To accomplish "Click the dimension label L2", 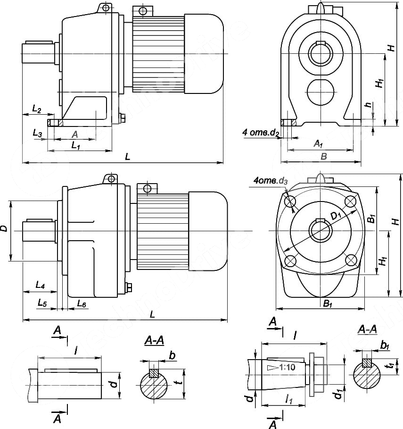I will click(x=37, y=109).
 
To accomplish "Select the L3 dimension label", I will click(x=38, y=134).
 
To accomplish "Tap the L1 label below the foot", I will click(x=75, y=146).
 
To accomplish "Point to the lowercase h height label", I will click(x=368, y=106).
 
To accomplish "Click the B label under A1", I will click(x=323, y=156).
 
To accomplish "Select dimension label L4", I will click(x=40, y=286).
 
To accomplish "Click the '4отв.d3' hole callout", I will click(x=270, y=181).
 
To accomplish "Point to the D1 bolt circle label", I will click(x=336, y=216).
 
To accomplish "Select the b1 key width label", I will click(x=385, y=346).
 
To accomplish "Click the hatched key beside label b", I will click(x=154, y=372).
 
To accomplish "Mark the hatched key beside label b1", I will click(x=366, y=363).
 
